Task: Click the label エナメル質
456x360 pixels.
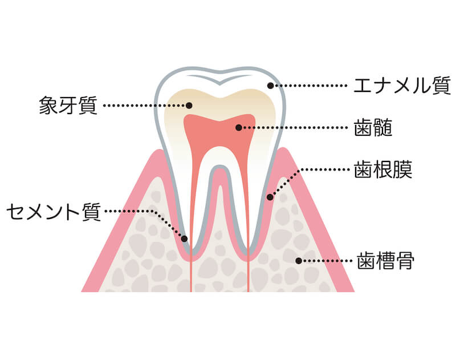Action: (x=402, y=86)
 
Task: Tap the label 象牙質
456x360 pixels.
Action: (x=68, y=105)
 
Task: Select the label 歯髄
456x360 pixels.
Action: (x=373, y=127)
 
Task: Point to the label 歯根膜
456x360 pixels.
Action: (x=383, y=169)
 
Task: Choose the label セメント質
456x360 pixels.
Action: (x=54, y=212)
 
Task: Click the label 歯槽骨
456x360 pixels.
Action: (x=386, y=261)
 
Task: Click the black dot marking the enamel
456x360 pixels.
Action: (x=270, y=86)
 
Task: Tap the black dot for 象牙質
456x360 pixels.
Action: (x=189, y=106)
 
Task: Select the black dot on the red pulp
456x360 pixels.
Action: (x=238, y=127)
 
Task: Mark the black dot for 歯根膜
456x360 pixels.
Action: (x=270, y=197)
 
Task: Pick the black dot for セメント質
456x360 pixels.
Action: (x=184, y=239)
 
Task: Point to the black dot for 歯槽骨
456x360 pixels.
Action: (x=299, y=261)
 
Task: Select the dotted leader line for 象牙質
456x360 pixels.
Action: (x=145, y=106)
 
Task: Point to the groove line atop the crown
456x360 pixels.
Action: (x=219, y=79)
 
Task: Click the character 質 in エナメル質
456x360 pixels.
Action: (x=441, y=86)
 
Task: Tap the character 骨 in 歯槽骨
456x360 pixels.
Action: (x=405, y=261)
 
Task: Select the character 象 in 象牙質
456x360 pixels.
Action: (x=48, y=105)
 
